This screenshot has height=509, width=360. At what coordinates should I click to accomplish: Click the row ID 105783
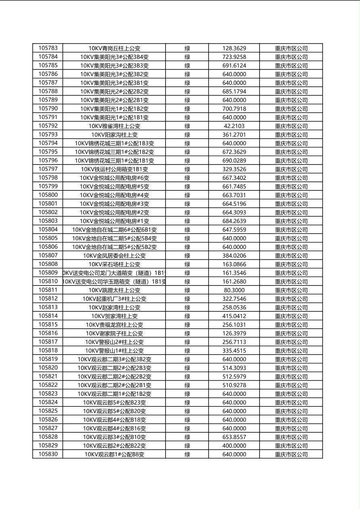pos(48,48)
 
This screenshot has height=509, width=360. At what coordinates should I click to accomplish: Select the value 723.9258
pos(234,57)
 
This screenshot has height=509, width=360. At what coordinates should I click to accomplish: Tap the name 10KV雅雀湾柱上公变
pos(114,126)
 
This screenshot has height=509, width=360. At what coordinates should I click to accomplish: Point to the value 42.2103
pos(234,126)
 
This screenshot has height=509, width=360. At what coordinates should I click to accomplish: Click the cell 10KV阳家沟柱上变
pos(114,135)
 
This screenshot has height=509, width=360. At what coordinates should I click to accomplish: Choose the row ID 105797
pos(48,169)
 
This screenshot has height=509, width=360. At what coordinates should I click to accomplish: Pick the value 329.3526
pos(234,169)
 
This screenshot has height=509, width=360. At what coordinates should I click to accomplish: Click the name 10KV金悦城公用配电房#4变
pos(114,195)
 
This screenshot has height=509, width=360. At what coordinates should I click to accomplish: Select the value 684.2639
pos(234,221)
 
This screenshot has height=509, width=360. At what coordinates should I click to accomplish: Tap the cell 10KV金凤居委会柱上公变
pos(114,256)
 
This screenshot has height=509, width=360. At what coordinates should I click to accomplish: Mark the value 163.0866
pos(234,264)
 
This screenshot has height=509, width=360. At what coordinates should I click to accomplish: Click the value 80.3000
pos(234,290)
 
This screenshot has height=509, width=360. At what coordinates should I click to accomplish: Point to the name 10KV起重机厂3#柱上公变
pos(114,299)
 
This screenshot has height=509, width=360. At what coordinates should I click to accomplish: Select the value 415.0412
pos(234,316)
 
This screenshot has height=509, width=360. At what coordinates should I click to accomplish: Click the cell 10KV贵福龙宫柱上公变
pos(114,325)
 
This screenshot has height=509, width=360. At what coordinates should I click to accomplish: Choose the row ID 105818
pos(48,350)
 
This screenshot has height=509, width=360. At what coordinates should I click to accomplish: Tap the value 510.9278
pos(234,385)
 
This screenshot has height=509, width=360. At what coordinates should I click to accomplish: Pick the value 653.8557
pos(234,437)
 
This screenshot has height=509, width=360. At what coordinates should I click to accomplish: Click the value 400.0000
pos(234,446)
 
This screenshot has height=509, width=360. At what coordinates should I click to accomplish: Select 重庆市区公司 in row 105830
pos(291,454)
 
